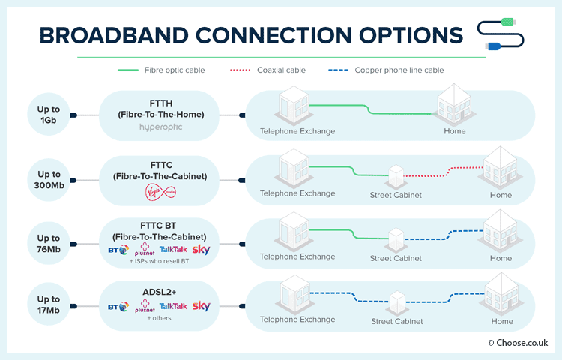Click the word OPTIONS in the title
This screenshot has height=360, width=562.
(411, 35)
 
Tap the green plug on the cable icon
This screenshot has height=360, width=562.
(508, 22)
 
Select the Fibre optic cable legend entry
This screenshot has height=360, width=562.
(161, 70)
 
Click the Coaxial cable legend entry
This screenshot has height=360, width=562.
(268, 70)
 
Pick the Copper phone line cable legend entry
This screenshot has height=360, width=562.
(386, 70)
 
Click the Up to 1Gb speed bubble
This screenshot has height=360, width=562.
(49, 115)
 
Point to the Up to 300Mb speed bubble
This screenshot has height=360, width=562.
(49, 180)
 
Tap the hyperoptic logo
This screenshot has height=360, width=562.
(161, 127)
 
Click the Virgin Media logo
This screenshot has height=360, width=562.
(160, 192)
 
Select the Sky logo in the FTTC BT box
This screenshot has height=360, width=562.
(201, 250)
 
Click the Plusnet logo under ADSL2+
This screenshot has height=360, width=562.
(145, 306)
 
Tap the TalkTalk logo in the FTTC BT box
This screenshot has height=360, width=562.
(173, 249)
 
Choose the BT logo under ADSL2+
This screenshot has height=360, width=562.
(118, 307)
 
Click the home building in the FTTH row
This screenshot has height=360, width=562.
(454, 105)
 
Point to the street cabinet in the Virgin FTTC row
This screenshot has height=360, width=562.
(396, 176)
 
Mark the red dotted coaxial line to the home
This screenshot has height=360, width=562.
(444, 172)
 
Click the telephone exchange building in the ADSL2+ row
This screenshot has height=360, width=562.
(294, 295)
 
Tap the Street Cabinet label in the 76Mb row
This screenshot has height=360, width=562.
(396, 258)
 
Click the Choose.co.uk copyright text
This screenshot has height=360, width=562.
(518, 343)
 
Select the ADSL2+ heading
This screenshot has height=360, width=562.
(160, 292)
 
